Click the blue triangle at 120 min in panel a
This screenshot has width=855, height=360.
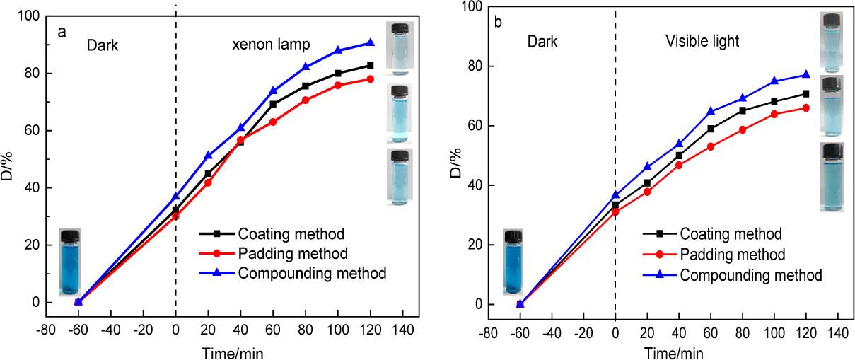click(x=371, y=42)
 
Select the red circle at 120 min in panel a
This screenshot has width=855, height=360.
click(x=371, y=79)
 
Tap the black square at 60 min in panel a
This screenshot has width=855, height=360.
click(x=273, y=104)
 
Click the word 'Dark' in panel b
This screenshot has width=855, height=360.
click(x=542, y=41)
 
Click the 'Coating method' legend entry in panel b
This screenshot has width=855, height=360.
click(x=731, y=234)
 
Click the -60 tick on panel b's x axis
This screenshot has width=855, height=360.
click(x=520, y=334)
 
